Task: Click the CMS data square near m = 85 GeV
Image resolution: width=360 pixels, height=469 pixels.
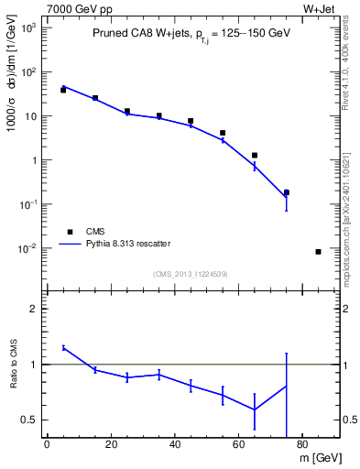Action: point(318,252)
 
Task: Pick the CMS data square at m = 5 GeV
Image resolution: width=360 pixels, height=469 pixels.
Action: point(63,90)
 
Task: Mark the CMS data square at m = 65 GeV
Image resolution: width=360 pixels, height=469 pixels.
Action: point(255,156)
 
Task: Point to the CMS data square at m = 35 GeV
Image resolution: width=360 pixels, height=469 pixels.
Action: point(158,116)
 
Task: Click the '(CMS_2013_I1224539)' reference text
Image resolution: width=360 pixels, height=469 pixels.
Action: point(191,273)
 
